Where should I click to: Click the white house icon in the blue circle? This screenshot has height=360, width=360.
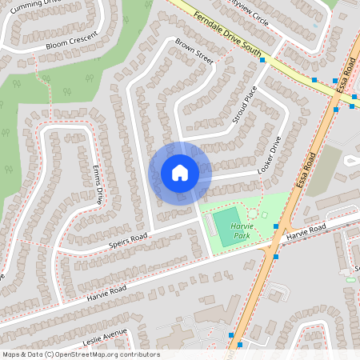point(180,173)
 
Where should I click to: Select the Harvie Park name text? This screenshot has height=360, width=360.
point(241,233)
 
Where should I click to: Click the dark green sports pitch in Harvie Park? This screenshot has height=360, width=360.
point(227,222)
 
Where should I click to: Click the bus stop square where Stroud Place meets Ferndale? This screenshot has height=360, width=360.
point(262,71)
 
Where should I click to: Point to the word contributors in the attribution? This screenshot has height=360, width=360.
point(141,354)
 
